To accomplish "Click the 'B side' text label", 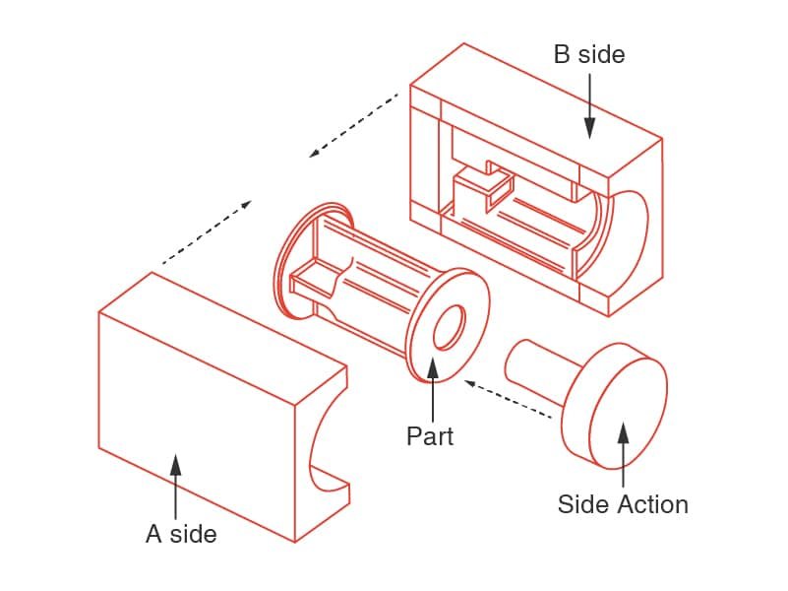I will (x=588, y=54).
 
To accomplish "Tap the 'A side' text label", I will (x=181, y=534).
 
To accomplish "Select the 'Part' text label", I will (x=430, y=434).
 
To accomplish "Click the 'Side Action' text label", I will (x=623, y=504).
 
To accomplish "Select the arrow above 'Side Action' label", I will (x=622, y=453).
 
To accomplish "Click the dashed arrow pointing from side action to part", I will (x=508, y=400).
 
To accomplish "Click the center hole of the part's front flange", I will (x=449, y=327).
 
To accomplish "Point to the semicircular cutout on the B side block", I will (x=630, y=236).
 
